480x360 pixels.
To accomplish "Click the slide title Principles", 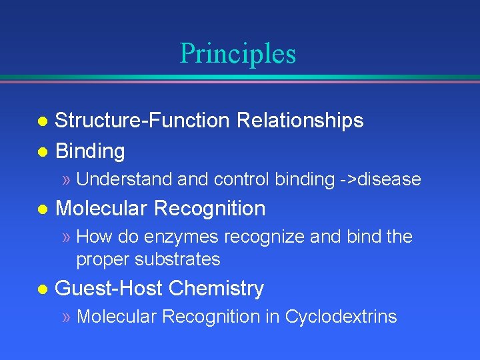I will [x=237, y=53].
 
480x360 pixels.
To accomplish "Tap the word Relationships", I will [x=300, y=121].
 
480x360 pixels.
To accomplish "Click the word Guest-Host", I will [x=109, y=289].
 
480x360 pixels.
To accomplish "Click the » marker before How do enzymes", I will [x=66, y=237].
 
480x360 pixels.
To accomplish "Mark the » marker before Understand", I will [x=66, y=180].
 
